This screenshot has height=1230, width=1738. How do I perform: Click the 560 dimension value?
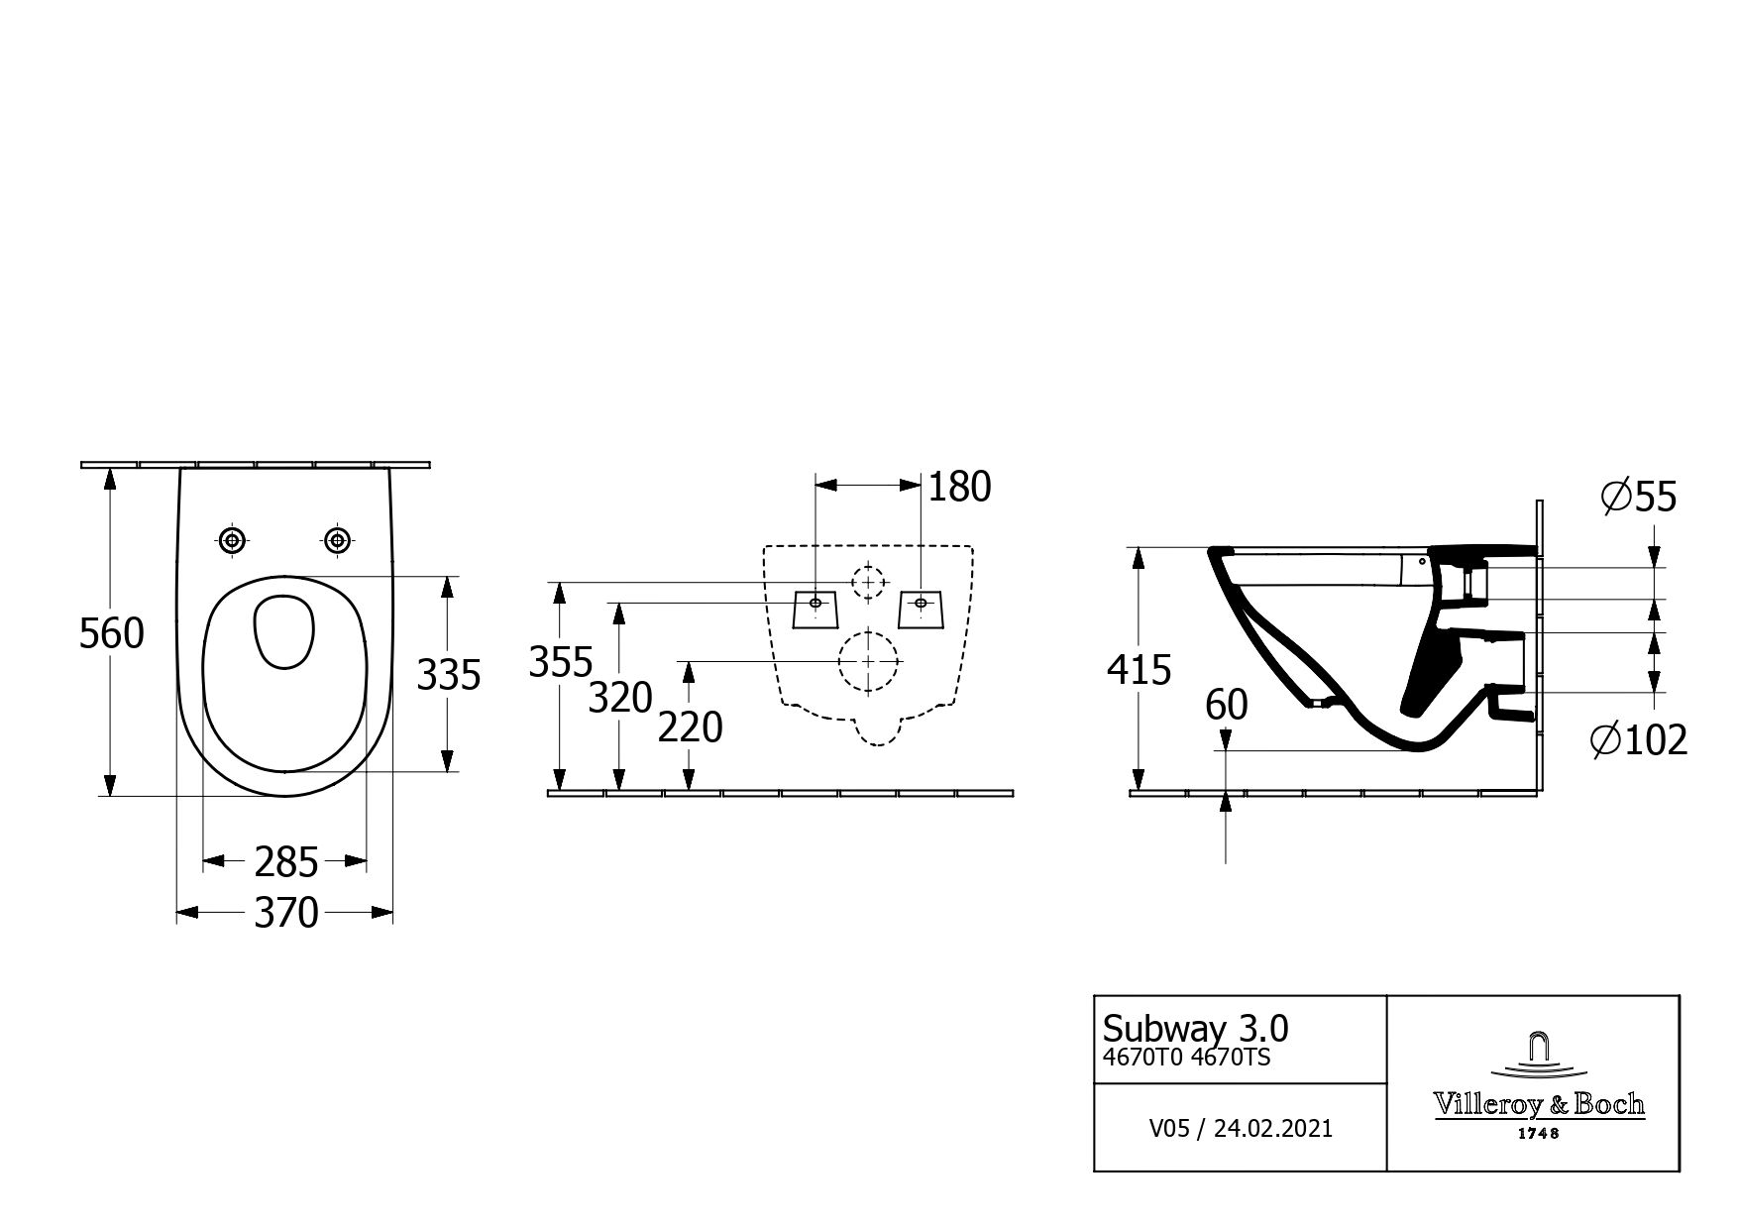[112, 633]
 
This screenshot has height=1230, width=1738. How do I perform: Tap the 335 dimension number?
[448, 675]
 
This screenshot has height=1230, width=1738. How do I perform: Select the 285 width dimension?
[286, 862]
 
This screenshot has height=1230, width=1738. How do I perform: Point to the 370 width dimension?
[286, 912]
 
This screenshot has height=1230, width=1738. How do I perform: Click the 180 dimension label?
[959, 487]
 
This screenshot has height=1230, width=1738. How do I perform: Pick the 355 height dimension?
[561, 662]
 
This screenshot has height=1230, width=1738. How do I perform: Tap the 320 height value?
[620, 699]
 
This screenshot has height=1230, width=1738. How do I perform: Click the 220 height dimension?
[691, 728]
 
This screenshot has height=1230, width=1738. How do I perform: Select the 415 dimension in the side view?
[1139, 671]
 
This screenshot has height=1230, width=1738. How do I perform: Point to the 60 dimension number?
[1227, 706]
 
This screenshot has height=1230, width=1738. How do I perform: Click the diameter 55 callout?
[1639, 497]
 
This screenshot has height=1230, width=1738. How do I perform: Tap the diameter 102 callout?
[1639, 739]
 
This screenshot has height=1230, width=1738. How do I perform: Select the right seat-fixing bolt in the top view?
[339, 539]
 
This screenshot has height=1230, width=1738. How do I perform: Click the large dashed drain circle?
[868, 660]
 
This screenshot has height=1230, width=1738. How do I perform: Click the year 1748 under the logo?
[1538, 1133]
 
